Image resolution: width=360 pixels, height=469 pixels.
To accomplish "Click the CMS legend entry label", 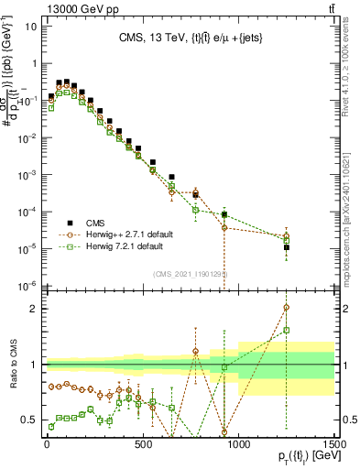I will (x=97, y=223).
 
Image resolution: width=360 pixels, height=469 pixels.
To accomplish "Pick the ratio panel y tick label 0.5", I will (x=28, y=420).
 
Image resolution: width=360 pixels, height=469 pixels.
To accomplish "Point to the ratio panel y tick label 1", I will (x=33, y=365).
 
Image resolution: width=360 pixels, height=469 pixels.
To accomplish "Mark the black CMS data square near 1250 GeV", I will (x=287, y=247).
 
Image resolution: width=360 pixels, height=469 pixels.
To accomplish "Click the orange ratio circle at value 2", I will (x=287, y=308).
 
